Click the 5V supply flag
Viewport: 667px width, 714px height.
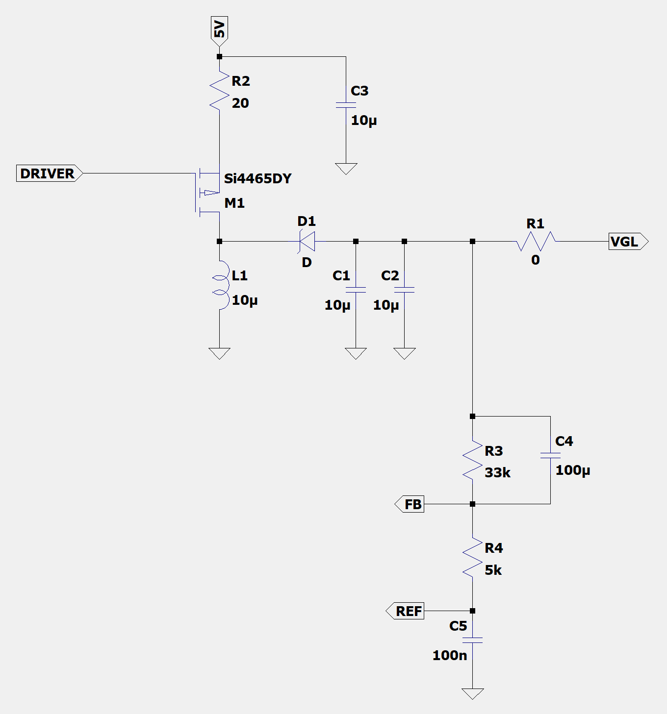click(x=219, y=31)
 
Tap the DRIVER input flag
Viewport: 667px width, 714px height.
click(x=50, y=173)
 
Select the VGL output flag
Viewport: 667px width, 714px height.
click(x=628, y=241)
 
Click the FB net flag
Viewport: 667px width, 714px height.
click(x=409, y=504)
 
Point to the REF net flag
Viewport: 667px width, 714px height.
click(x=405, y=611)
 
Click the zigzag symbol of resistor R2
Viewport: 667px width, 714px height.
click(x=219, y=90)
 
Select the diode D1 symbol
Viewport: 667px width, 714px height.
click(x=307, y=241)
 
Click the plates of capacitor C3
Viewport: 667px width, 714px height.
click(x=346, y=105)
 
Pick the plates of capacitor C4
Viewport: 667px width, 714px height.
click(x=550, y=456)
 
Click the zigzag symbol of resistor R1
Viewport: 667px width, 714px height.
click(x=536, y=241)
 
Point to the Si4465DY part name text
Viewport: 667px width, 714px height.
click(x=258, y=179)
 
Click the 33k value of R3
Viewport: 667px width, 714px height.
click(x=497, y=472)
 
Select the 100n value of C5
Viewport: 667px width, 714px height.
click(x=450, y=655)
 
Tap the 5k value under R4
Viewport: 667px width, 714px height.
click(x=493, y=570)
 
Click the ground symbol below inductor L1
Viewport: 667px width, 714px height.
click(x=219, y=353)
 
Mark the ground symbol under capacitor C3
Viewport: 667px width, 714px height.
click(x=346, y=169)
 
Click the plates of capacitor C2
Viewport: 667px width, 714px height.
click(x=404, y=290)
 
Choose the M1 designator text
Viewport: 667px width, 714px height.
click(x=234, y=203)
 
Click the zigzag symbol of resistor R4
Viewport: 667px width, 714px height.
click(x=472, y=557)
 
